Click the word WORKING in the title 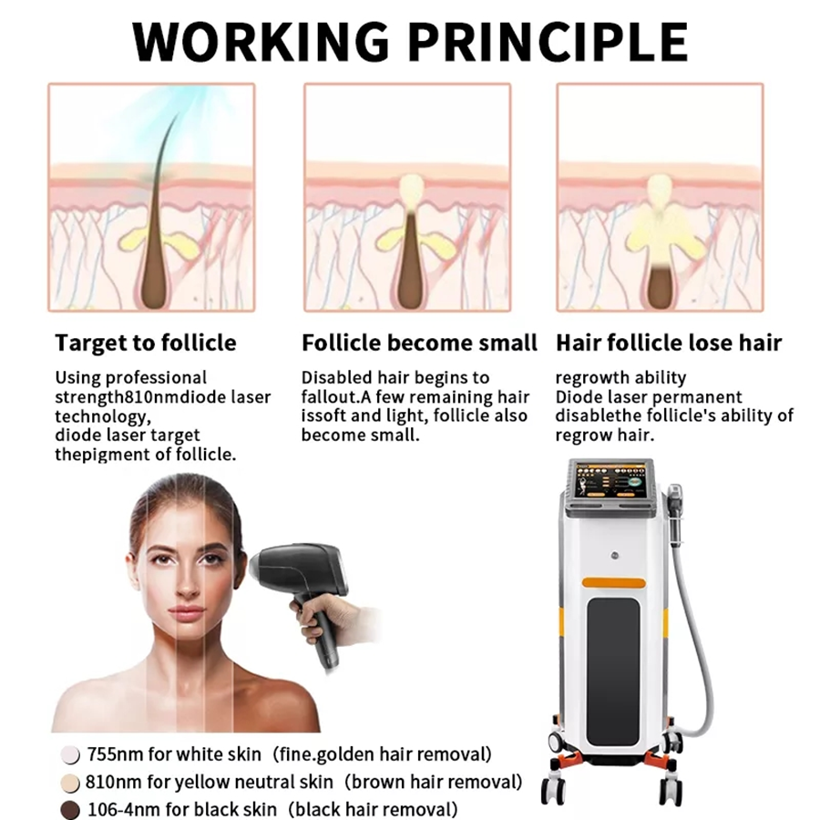pos(261,42)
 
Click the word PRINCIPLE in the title pos(548,42)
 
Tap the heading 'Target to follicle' pos(146,343)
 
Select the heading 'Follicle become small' pos(419,343)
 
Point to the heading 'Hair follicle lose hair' pos(669,343)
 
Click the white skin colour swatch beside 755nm pos(70,754)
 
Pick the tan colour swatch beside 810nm pos(70,783)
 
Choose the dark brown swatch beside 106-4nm pos(70,810)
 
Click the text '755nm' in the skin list pos(115,754)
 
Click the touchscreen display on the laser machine pos(610,480)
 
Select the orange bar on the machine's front pos(613,582)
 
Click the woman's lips pos(186,612)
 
